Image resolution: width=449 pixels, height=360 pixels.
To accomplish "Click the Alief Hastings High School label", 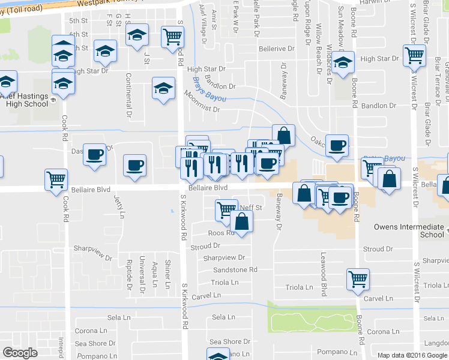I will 24,100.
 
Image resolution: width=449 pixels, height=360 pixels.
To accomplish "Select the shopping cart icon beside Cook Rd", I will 55,179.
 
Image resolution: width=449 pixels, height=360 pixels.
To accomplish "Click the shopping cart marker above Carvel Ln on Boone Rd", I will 358,278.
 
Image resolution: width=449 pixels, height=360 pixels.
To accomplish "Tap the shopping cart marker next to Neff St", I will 226,209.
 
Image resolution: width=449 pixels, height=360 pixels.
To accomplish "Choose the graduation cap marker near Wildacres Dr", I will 343,62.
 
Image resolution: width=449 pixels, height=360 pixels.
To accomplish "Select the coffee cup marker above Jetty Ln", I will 134,164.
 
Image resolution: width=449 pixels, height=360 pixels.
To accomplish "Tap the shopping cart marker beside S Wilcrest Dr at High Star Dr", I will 415,55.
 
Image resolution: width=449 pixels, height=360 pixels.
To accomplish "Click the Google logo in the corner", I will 20,353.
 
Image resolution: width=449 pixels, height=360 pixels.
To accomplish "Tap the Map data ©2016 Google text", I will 412,355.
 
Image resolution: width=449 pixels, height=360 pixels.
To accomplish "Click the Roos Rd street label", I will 220,233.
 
